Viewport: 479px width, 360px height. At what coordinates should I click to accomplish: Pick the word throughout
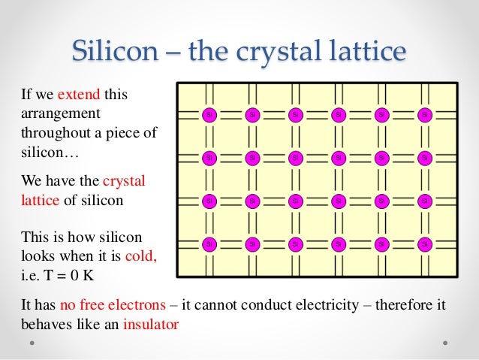tap(52, 133)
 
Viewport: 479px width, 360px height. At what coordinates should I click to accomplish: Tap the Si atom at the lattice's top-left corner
tap(209, 115)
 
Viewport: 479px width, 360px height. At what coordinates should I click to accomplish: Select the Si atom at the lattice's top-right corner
tap(425, 115)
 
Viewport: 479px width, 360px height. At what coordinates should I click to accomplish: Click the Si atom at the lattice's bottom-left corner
tap(209, 244)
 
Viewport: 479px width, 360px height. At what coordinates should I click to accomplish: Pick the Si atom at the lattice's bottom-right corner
tap(425, 244)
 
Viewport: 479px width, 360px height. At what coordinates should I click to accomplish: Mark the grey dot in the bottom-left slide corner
tap(33, 343)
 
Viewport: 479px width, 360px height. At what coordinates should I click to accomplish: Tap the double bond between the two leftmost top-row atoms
tap(231, 115)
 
